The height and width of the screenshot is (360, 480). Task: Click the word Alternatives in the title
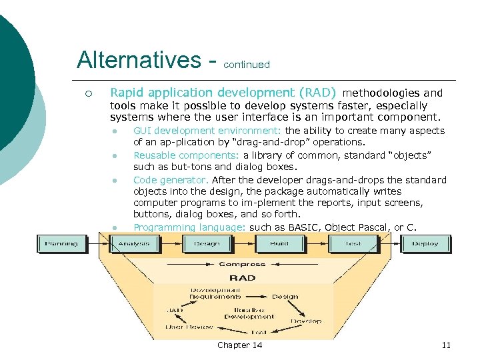point(137,60)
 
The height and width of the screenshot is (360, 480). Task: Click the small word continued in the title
point(247,65)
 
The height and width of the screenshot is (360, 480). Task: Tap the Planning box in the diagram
point(61,243)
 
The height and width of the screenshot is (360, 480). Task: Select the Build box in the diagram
point(279,243)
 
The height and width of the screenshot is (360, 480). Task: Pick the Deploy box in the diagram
point(425,243)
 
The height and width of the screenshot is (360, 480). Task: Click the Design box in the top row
point(206,243)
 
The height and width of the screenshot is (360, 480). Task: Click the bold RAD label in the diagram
point(242,277)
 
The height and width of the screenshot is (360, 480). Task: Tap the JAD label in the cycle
point(175,310)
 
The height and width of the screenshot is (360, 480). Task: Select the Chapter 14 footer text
point(240,345)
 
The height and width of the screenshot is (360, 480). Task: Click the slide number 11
point(446,345)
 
